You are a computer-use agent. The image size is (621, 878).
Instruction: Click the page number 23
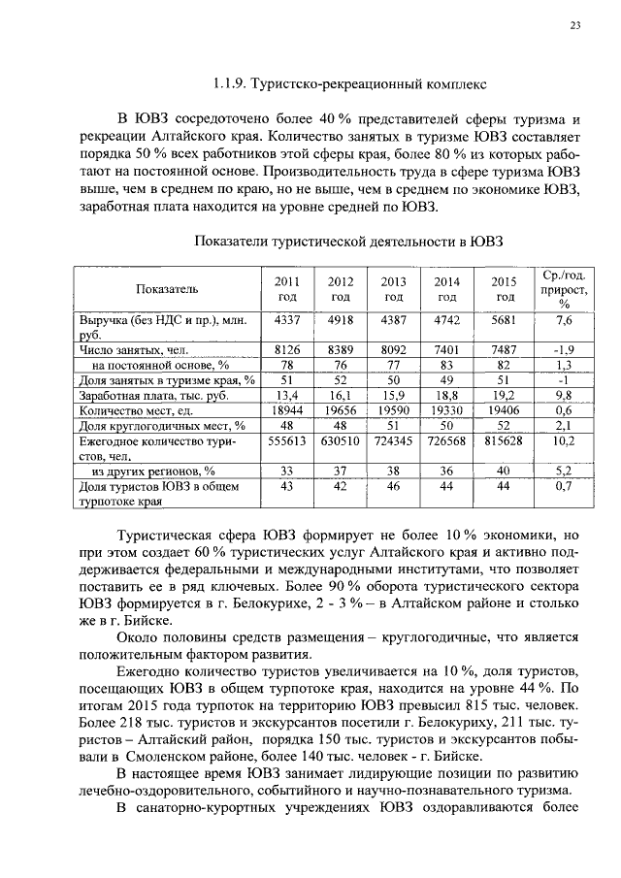tap(575, 26)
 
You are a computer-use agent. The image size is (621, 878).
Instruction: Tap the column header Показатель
tap(167, 288)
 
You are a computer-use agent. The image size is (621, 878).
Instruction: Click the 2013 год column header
tap(393, 288)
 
